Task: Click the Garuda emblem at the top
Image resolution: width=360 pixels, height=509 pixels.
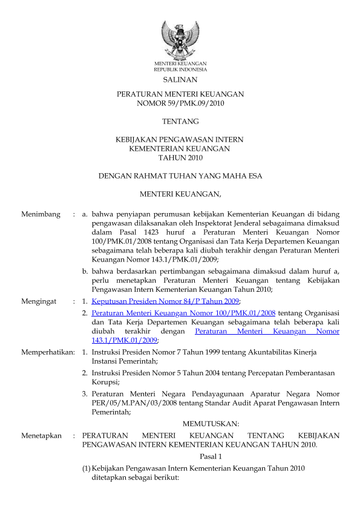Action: point(180,39)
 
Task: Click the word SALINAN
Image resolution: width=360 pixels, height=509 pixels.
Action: point(180,79)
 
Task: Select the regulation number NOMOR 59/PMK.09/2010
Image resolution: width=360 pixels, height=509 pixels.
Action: point(180,103)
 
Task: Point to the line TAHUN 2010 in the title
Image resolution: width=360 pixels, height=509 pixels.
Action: point(180,157)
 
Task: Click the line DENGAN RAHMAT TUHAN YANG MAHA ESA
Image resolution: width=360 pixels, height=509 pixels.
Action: point(180,176)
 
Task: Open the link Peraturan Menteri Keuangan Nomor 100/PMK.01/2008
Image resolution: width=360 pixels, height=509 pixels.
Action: point(183,313)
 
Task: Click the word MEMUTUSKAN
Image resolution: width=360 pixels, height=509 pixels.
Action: point(211,423)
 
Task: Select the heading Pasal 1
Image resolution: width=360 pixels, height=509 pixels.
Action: point(211,456)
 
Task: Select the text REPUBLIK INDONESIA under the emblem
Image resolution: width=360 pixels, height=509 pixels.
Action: point(180,70)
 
